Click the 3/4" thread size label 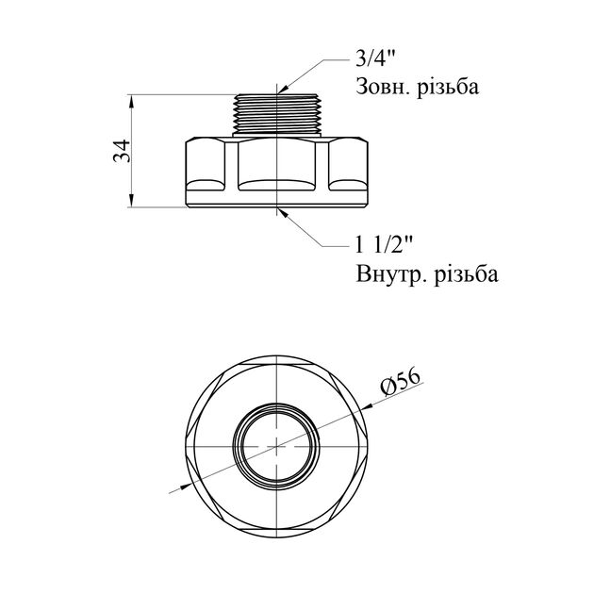(x=375, y=58)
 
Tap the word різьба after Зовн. (x=448, y=87)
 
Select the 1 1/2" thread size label (x=383, y=245)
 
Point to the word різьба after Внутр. (x=468, y=273)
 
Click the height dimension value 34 (x=122, y=151)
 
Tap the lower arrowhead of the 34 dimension (x=131, y=201)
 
